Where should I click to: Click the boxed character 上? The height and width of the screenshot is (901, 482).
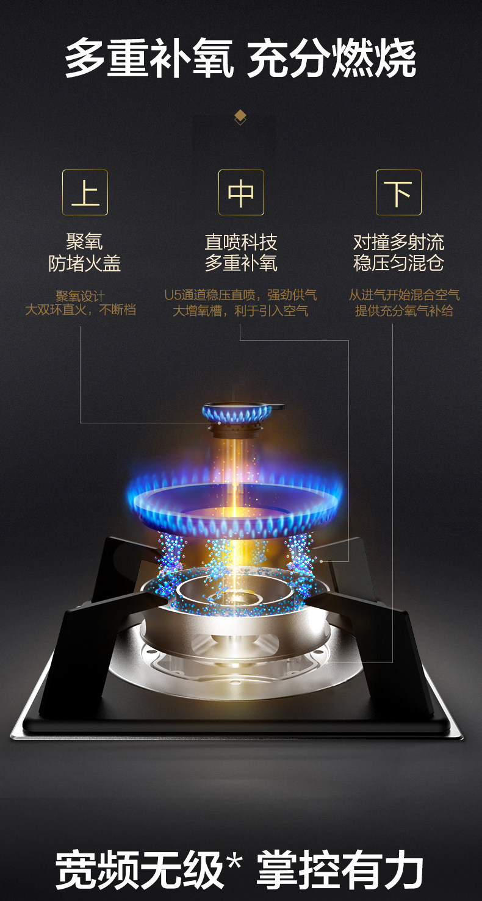click(85, 192)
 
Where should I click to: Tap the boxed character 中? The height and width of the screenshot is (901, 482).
click(241, 192)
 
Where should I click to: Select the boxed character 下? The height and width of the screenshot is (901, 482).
click(398, 192)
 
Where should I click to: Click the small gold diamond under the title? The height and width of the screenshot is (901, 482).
click(240, 116)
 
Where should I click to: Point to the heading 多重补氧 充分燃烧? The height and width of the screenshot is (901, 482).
click(240, 59)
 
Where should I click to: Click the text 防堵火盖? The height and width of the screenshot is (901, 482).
click(85, 264)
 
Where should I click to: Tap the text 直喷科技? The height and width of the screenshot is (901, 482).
click(241, 242)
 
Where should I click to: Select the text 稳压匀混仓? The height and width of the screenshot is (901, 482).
click(398, 264)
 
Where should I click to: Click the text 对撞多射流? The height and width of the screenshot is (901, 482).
click(398, 242)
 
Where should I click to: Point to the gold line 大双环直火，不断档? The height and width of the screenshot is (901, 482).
click(80, 311)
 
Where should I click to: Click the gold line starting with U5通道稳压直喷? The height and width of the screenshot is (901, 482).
click(240, 295)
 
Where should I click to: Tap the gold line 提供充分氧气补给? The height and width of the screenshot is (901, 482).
click(404, 311)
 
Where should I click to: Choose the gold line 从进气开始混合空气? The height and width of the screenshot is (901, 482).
click(404, 295)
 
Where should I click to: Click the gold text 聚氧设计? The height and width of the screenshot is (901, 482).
click(80, 296)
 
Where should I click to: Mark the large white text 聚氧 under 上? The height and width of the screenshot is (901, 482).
click(85, 242)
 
